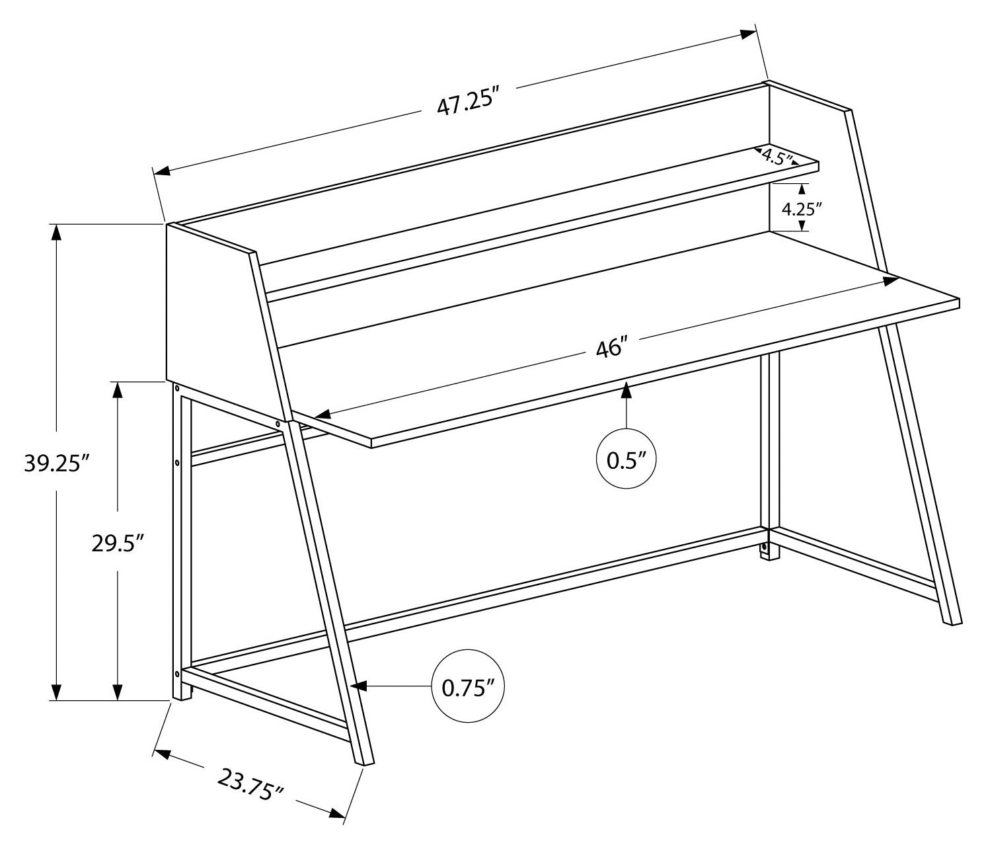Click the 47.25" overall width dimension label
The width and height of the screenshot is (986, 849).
pyautogui.click(x=466, y=102)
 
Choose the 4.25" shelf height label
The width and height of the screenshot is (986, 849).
pyautogui.click(x=802, y=209)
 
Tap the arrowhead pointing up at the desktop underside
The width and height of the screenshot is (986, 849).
pyautogui.click(x=626, y=391)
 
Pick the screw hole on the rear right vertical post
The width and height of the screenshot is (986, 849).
pyautogui.click(x=765, y=548)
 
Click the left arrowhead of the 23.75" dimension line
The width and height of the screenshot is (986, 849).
pyautogui.click(x=163, y=754)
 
